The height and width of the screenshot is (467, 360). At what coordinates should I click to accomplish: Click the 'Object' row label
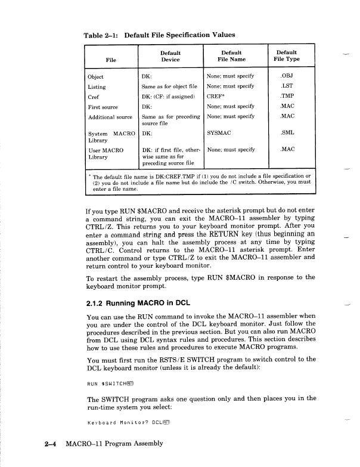[95, 77]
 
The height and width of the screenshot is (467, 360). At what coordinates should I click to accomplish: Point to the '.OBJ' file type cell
[288, 77]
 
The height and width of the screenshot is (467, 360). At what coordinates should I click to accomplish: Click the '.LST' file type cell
[288, 86]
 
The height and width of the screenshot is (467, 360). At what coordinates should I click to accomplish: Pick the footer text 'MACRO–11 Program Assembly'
[113, 444]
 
